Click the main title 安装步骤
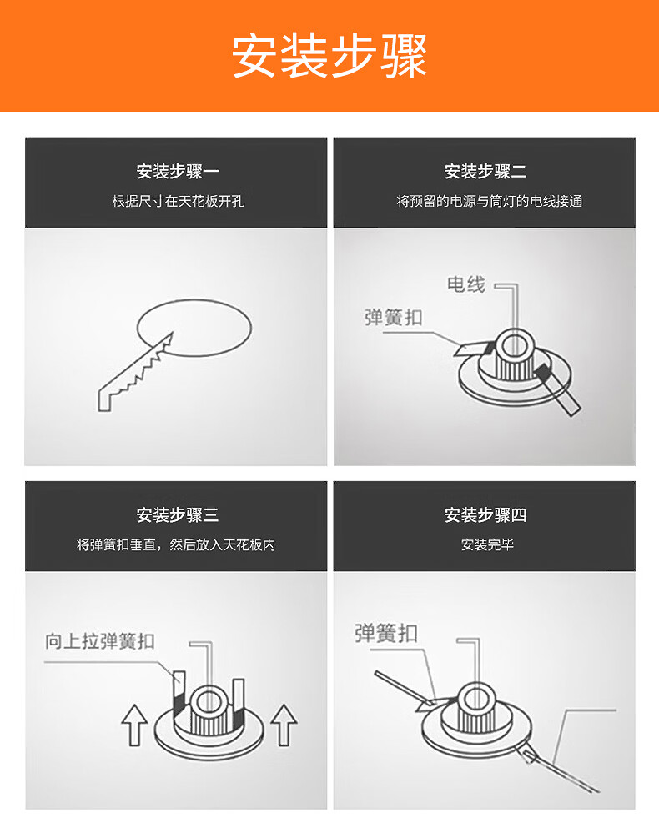[329, 56]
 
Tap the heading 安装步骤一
[178, 172]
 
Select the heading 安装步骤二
[485, 172]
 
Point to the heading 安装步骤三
[178, 515]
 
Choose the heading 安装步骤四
[485, 515]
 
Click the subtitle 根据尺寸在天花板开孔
[178, 202]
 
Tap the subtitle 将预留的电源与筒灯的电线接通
[489, 202]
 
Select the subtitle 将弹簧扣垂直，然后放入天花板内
[176, 545]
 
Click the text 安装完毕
[487, 545]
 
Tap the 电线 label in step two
[466, 284]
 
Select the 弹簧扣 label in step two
[394, 318]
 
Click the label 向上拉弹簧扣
[100, 641]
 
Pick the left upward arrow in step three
[134, 725]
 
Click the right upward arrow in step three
[284, 725]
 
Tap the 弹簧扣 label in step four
[386, 634]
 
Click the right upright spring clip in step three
[239, 699]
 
